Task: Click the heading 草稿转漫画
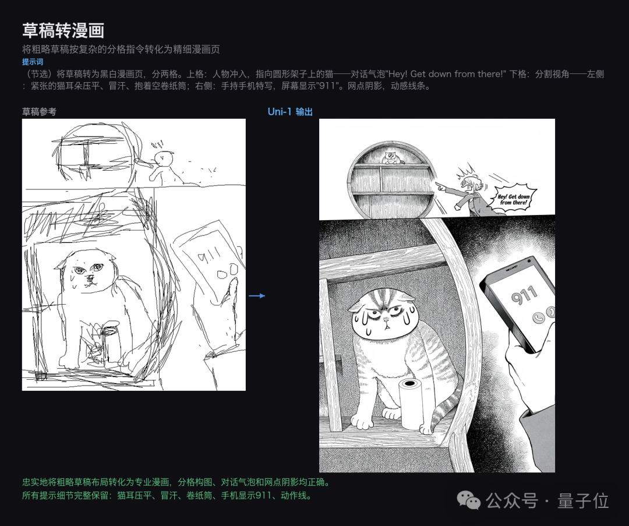tap(63, 30)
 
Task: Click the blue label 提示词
tap(33, 62)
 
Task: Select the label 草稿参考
tap(39, 111)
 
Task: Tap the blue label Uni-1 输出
tap(290, 111)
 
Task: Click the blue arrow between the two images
tap(257, 296)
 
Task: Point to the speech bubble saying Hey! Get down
tap(513, 199)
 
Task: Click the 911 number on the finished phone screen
tap(524, 295)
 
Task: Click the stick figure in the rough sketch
tap(163, 166)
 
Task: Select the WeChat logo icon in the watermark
tap(469, 500)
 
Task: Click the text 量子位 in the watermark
tap(582, 500)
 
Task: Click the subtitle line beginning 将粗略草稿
tap(121, 50)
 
